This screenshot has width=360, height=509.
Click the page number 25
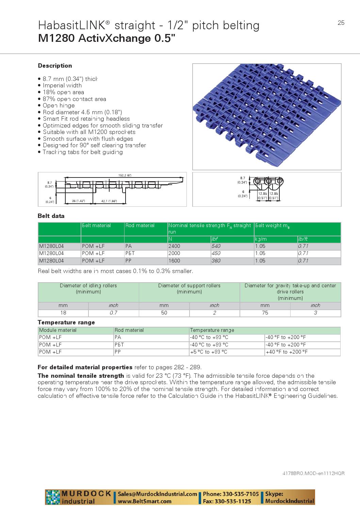coord(341,23)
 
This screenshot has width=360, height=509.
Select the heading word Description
coord(55,66)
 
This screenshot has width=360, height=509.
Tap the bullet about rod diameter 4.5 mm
coord(82,112)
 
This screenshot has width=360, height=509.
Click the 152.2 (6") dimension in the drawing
coord(125,175)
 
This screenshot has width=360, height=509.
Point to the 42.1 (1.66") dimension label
coord(109,201)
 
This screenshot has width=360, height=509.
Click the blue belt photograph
coord(267,117)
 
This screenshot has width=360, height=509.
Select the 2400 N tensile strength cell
coord(175,246)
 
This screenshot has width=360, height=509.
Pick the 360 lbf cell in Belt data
coord(216,261)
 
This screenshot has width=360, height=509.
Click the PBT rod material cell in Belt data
coord(130,253)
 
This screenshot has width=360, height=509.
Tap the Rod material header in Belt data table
coord(140,225)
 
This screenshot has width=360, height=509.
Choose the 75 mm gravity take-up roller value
coord(265,313)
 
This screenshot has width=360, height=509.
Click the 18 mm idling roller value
coord(63,313)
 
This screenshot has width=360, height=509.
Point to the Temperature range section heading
coord(66,322)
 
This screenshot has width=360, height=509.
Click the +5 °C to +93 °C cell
coord(209,352)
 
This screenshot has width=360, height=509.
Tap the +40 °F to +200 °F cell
coord(287,352)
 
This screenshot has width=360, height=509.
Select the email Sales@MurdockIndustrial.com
coord(158,494)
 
